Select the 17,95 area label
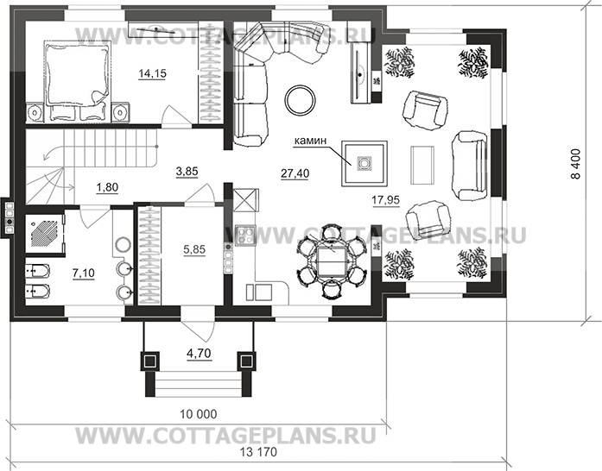click(385, 201)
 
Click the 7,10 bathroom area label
click(84, 273)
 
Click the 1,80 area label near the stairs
click(108, 186)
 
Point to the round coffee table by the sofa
click(301, 98)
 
